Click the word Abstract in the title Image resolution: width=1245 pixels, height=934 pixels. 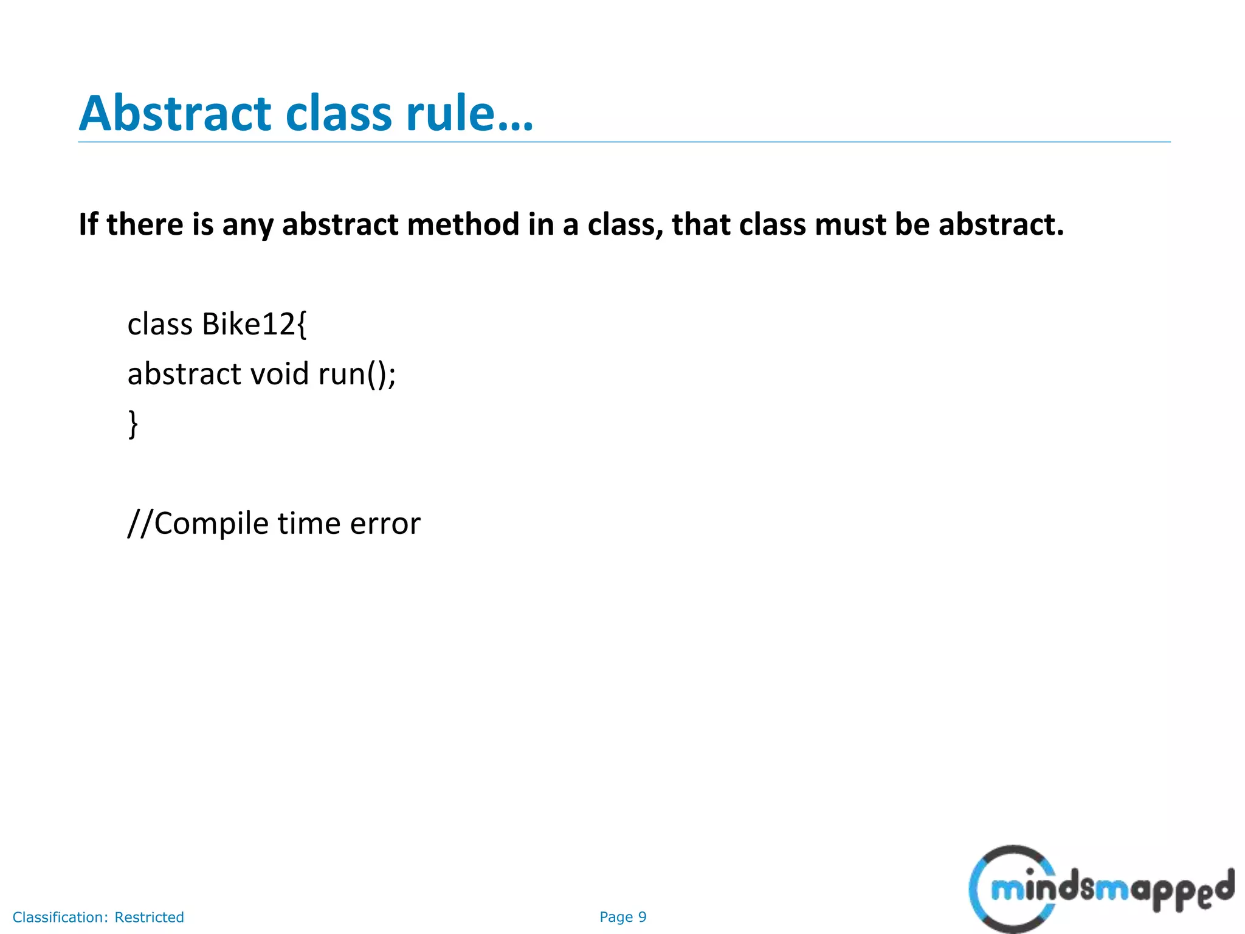(175, 114)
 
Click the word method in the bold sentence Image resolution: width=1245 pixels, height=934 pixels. (463, 224)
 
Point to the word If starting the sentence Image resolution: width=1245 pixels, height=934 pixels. (88, 224)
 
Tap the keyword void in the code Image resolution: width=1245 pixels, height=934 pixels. (280, 374)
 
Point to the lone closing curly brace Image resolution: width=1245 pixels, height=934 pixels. (133, 424)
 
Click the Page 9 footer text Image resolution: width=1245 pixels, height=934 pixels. (622, 917)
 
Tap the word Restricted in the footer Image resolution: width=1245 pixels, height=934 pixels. (149, 917)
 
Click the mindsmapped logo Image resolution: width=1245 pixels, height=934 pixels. (1100, 890)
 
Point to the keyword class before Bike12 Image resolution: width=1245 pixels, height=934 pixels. (159, 324)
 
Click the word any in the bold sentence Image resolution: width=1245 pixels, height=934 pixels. (247, 226)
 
